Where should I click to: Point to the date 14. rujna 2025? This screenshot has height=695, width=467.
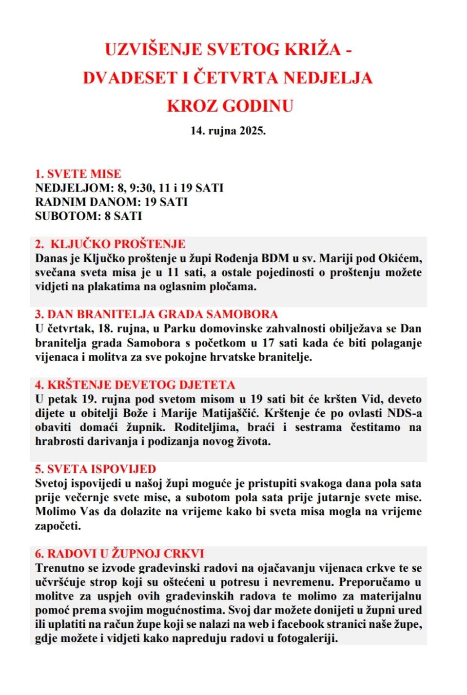click(x=228, y=131)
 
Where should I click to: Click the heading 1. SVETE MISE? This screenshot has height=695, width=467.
click(x=78, y=174)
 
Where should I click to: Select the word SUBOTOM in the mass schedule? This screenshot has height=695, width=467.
click(x=68, y=216)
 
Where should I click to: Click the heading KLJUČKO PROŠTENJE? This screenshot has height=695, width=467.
click(x=118, y=244)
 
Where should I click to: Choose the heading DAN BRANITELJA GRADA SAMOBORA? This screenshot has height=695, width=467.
click(x=162, y=314)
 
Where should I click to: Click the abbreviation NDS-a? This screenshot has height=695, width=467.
click(x=404, y=413)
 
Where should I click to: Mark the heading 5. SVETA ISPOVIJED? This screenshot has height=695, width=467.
click(x=96, y=469)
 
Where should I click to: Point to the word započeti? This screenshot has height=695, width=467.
click(x=58, y=526)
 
